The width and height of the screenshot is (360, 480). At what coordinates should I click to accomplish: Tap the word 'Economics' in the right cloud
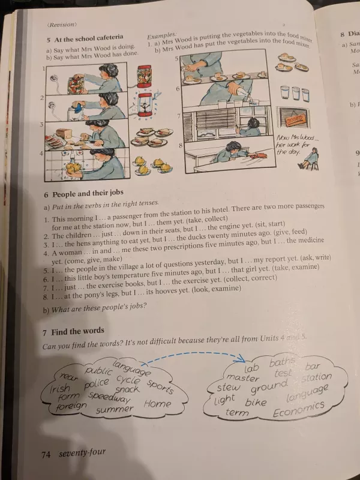pos(298,409)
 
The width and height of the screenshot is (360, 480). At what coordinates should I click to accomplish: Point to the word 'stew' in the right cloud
pos(229,388)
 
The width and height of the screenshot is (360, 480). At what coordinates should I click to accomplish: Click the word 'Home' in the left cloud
pos(157,403)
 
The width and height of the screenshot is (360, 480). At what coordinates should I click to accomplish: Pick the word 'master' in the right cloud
pos(243,378)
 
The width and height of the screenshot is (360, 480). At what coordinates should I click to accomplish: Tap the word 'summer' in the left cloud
pos(115,410)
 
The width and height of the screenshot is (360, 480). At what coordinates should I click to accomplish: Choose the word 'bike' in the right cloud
pos(256,402)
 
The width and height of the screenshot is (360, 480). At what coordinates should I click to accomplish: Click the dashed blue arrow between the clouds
pos(192,355)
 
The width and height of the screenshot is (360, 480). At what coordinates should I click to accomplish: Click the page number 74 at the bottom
pos(46,454)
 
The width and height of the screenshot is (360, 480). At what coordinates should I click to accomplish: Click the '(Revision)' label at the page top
pos(61,25)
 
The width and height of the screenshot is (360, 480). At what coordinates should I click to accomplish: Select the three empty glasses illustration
pos(295,94)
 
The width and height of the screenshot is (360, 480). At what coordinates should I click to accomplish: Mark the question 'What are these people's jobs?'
pos(95,310)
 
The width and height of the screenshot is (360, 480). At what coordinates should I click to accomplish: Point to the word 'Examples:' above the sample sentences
pos(162,35)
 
